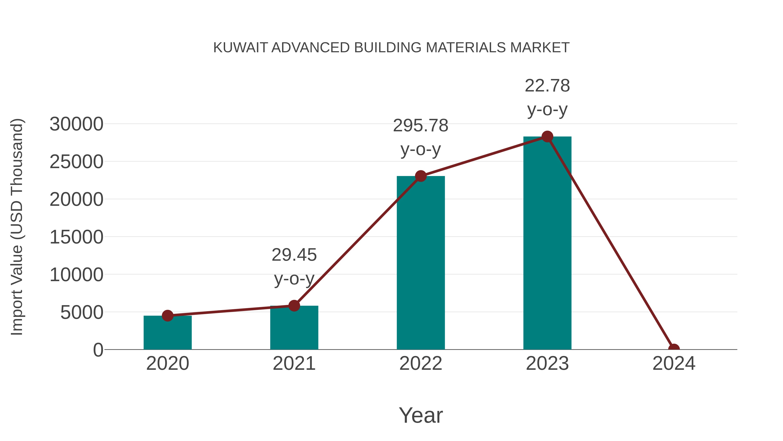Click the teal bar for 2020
(167, 333)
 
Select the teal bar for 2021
(294, 329)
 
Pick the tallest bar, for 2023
(547, 243)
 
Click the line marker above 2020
(167, 316)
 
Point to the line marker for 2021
(294, 306)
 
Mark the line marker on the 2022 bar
(421, 176)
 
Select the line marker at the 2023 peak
(547, 137)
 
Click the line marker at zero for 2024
(674, 349)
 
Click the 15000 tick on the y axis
(76, 237)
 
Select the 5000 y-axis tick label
(82, 312)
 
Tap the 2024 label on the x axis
(674, 363)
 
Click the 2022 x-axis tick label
(421, 363)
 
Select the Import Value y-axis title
(17, 227)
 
